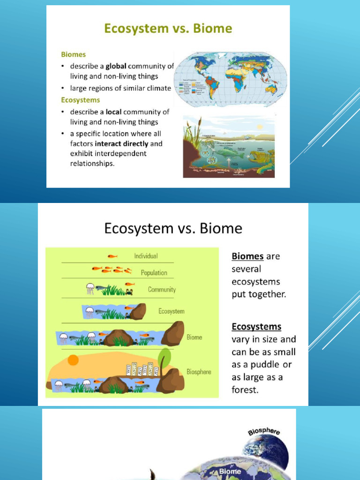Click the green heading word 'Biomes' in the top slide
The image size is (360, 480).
pyautogui.click(x=74, y=54)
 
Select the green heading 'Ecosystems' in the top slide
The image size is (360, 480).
pyautogui.click(x=81, y=100)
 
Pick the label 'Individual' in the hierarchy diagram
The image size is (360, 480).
pyautogui.click(x=146, y=256)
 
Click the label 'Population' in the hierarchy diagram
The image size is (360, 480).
pyautogui.click(x=154, y=272)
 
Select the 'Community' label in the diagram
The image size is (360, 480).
pyautogui.click(x=162, y=289)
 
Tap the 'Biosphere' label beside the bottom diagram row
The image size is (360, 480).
pyautogui.click(x=199, y=372)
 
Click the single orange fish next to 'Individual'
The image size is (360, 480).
pyautogui.click(x=112, y=256)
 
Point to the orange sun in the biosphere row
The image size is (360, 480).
pyautogui.click(x=73, y=360)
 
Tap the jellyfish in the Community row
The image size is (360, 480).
pyautogui.click(x=90, y=289)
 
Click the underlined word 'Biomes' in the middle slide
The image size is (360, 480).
pyautogui.click(x=248, y=256)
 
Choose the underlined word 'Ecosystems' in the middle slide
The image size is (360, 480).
pyautogui.click(x=256, y=327)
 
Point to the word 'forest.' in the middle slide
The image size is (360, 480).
pyautogui.click(x=245, y=390)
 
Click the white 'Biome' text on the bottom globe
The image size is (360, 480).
pyautogui.click(x=230, y=472)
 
